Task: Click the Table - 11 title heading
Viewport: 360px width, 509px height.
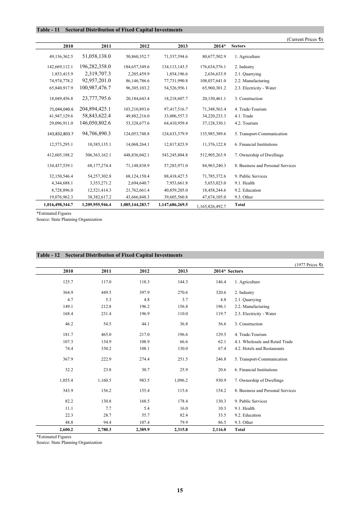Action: (109, 30)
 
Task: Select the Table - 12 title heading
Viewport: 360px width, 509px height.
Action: (109, 255)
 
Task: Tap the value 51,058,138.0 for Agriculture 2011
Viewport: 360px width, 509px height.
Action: (97, 56)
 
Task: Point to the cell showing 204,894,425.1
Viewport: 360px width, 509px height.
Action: (95, 109)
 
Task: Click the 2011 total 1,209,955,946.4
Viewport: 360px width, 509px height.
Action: (97, 205)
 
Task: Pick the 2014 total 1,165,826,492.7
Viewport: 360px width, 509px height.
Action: (211, 206)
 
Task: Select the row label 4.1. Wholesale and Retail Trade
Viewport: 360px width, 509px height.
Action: (263, 342)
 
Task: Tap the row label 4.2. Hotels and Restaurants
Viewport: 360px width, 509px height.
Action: (259, 348)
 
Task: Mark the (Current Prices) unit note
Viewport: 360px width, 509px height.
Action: (305, 39)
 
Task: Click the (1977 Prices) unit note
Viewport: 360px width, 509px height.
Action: (309, 265)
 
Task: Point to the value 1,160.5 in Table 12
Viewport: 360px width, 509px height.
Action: (105, 380)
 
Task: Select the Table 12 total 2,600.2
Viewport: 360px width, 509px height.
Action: (66, 429)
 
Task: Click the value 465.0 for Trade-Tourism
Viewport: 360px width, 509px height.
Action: (106, 334)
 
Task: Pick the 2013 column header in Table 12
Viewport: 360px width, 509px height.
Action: (183, 271)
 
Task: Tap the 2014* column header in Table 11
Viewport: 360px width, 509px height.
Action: (219, 46)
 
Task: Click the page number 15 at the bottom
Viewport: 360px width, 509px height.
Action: (180, 490)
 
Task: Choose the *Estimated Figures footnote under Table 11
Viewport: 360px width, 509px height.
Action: (54, 213)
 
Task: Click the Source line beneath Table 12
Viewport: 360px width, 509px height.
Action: (69, 442)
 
